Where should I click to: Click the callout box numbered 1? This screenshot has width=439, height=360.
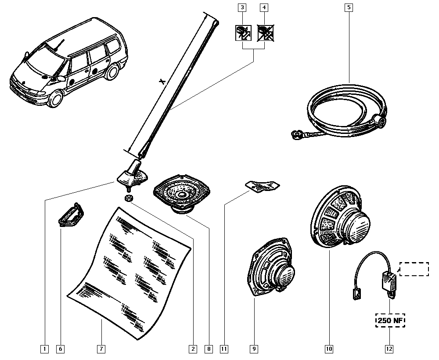(44, 349)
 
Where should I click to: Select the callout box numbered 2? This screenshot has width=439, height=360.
(192, 349)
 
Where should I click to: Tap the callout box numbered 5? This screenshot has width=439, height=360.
(349, 7)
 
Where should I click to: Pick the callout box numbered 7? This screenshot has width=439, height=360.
(101, 349)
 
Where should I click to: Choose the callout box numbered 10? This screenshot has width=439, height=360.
(329, 349)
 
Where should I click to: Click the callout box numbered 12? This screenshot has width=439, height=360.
(389, 349)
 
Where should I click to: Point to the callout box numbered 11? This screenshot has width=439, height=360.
(224, 349)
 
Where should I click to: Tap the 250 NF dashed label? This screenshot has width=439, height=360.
(389, 321)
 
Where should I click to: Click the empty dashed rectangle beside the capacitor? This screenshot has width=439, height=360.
(414, 269)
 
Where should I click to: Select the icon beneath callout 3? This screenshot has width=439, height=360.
(241, 33)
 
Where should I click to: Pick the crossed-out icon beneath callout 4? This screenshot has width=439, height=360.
(264, 33)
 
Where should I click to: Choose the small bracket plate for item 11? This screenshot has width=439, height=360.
(262, 186)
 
